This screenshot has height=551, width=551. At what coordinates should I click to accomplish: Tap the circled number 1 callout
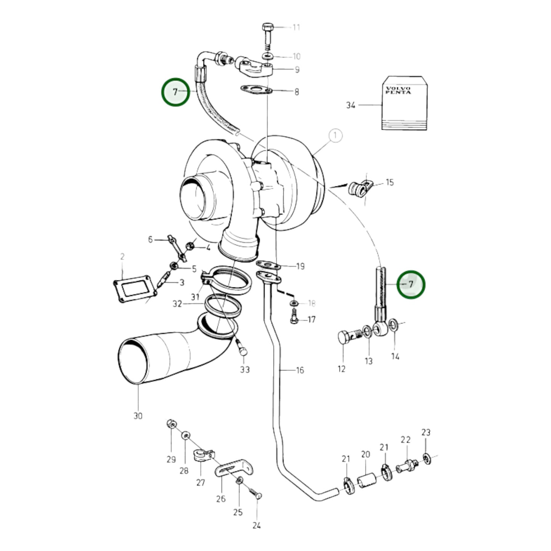[x=335, y=135]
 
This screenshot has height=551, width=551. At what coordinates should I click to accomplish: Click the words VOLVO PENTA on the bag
[x=398, y=90]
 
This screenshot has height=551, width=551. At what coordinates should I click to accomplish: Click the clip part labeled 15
[x=360, y=187]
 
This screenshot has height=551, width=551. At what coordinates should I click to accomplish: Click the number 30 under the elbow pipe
[x=138, y=416]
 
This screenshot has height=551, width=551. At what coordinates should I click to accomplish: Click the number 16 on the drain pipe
[x=300, y=370]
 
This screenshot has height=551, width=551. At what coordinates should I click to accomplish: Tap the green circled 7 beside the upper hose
[x=175, y=92]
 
